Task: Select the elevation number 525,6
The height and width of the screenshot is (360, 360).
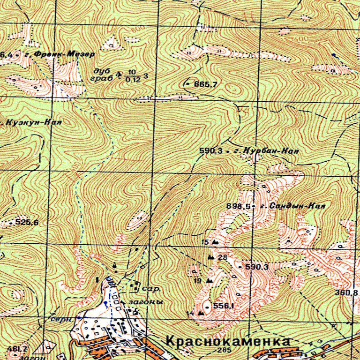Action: click(27, 222)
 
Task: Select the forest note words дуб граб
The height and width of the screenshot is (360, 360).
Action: click(104, 75)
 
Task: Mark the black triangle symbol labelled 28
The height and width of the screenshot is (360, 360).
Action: click(210, 258)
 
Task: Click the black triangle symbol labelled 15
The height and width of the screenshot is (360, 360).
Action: click(215, 242)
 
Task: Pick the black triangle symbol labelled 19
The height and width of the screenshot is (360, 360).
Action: click(208, 281)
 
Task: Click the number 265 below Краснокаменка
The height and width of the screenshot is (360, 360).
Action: click(223, 351)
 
